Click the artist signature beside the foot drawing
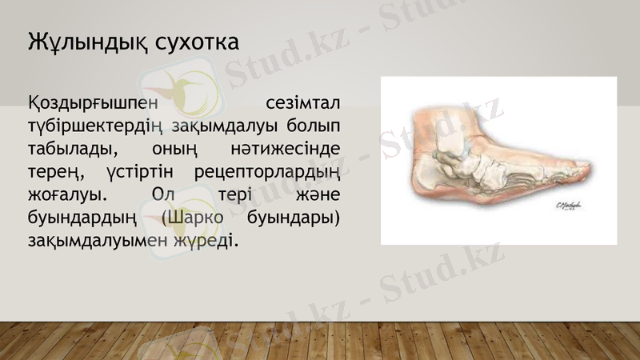tap(569, 206)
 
